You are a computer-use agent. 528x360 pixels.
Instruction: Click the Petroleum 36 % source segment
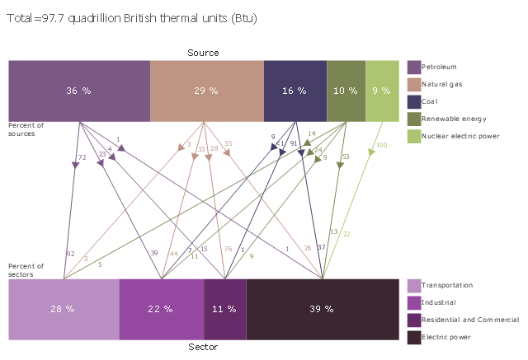[79, 91]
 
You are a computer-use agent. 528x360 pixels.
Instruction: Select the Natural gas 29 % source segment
[206, 91]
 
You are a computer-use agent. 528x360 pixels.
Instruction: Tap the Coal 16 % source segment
[295, 91]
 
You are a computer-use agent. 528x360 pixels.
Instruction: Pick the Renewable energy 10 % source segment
[346, 91]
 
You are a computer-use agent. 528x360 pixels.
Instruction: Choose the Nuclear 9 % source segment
[382, 91]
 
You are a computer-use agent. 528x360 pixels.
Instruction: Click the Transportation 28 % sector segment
[64, 309]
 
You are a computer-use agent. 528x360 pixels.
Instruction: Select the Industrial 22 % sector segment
[161, 309]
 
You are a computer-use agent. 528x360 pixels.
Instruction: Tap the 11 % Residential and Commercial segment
[224, 309]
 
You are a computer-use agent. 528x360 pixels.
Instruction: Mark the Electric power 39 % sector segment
[323, 309]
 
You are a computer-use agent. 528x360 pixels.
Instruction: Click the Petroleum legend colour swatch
[414, 67]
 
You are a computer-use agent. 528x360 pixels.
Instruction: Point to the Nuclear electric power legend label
[460, 137]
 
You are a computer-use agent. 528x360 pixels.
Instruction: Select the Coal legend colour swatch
[414, 101]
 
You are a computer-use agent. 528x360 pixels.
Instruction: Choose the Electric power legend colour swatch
[414, 337]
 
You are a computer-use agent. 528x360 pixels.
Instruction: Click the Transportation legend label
[447, 285]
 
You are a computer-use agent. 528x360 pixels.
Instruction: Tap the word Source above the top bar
[203, 53]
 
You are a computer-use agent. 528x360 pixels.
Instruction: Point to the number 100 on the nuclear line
[381, 146]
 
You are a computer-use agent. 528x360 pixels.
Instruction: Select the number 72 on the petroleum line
[82, 157]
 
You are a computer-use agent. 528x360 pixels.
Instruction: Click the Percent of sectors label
[26, 269]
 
